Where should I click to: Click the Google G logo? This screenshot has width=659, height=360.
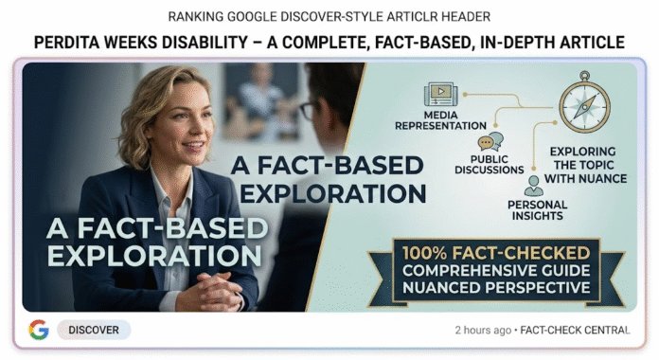point(39,330)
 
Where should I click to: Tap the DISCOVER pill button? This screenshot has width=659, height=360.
point(94,330)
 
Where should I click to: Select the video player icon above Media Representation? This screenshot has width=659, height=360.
point(437,94)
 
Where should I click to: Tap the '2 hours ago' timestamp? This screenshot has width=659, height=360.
point(483,330)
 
